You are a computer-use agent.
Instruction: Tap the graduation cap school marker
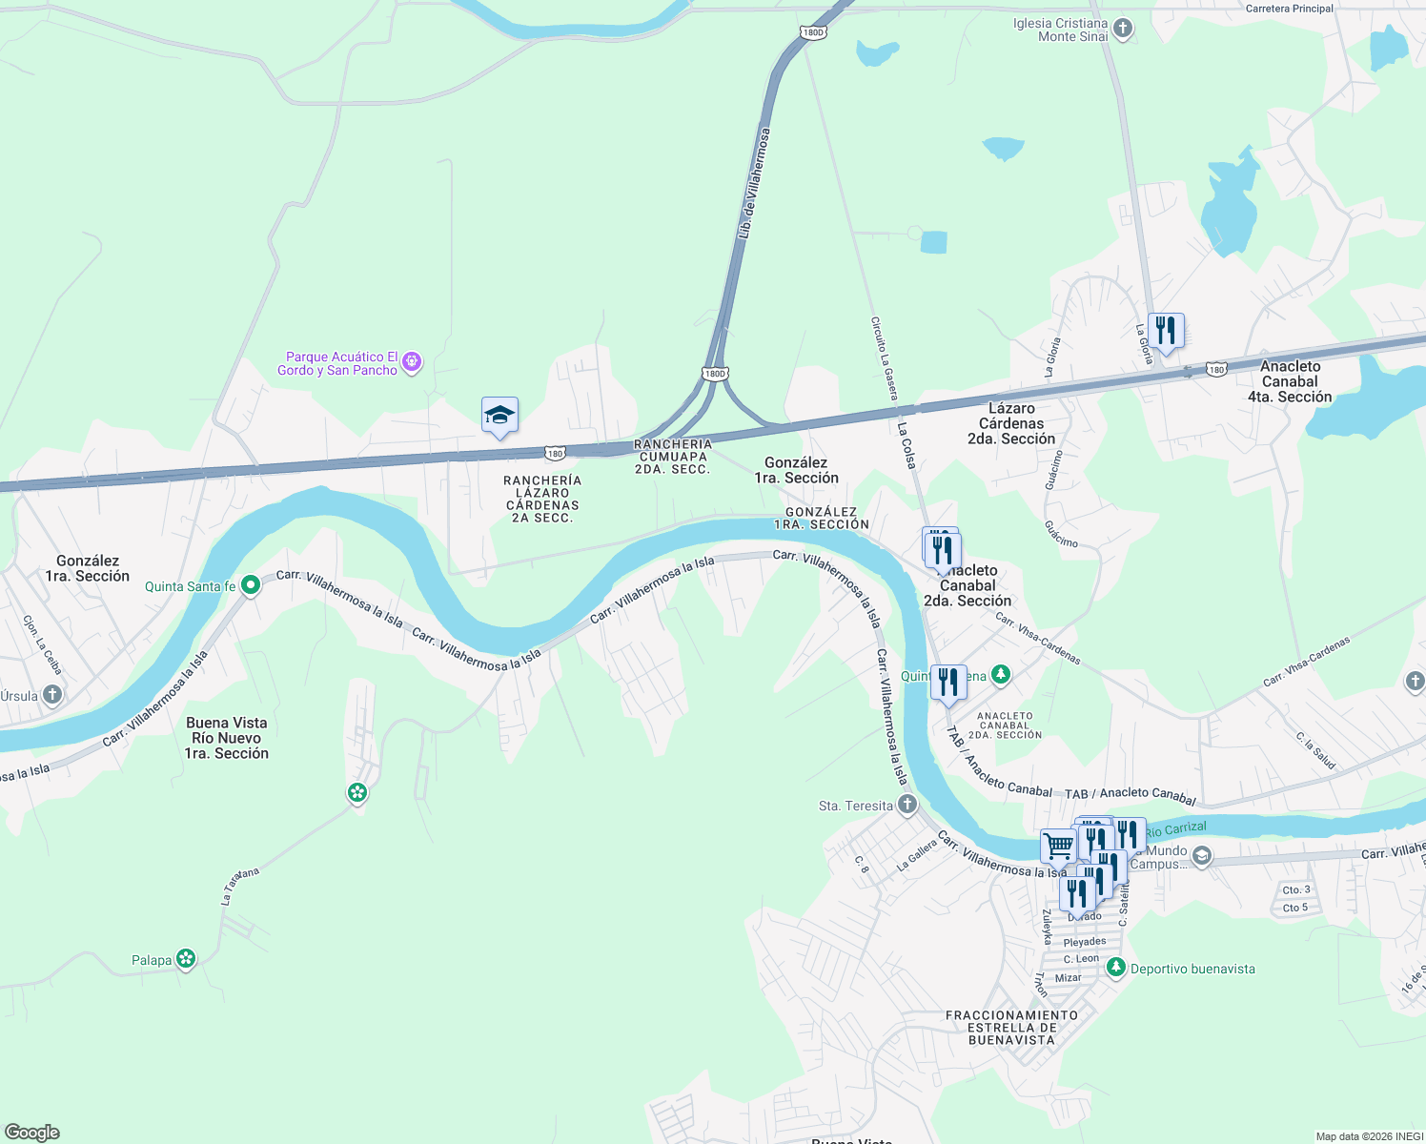pos(499,416)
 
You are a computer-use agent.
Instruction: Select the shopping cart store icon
pos(1057,845)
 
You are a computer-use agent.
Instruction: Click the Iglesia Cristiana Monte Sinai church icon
pos(1123,29)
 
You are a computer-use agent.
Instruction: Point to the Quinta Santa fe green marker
pos(251,585)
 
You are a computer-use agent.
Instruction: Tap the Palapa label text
pos(152,960)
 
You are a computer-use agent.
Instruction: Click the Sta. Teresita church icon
pos(907,806)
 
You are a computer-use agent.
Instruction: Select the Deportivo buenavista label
pos(1192,969)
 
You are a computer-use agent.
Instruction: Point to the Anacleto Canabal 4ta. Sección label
pos(1290,381)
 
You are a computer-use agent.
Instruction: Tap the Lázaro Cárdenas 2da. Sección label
pos(1011,423)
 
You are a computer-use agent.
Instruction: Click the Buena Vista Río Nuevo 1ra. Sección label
pos(227,738)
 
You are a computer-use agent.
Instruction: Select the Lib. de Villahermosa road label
pos(753,183)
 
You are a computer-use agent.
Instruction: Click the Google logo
pos(31,1132)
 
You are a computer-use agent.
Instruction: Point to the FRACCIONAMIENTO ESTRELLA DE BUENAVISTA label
pos(1011,1028)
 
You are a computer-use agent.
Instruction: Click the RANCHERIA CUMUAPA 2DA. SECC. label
pos(673,457)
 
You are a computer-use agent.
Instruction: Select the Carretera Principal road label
pos(1289,9)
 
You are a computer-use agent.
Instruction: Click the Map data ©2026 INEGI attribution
pos(1368,1136)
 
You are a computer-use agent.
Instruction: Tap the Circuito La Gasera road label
pos(884,357)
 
